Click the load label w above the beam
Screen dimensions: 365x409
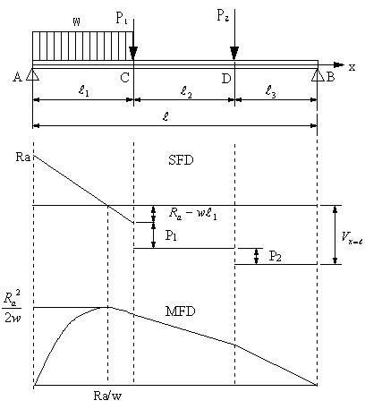[77, 21]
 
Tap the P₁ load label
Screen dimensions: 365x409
[121, 19]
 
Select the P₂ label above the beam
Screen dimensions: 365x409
[223, 15]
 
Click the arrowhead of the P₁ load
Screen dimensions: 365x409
[133, 53]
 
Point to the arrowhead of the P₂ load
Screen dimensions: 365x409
[234, 53]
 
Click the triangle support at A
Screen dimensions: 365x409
[32, 75]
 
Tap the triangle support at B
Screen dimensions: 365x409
[318, 75]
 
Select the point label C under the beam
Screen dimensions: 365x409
[124, 78]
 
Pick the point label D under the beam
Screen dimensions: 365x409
[226, 79]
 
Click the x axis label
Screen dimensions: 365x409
[352, 68]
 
